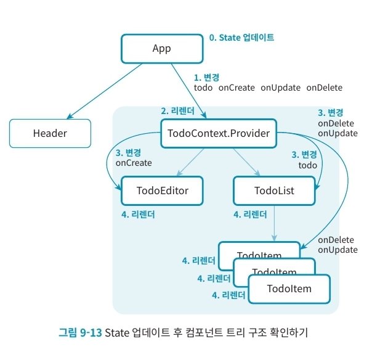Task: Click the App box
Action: click(161, 47)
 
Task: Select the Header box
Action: click(49, 133)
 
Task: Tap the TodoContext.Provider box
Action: click(219, 133)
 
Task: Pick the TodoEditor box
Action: click(163, 190)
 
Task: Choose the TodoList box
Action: click(274, 190)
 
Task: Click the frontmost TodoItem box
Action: click(289, 288)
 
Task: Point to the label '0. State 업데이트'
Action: click(241, 38)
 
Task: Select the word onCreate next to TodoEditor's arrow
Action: click(133, 163)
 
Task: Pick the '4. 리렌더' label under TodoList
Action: click(250, 215)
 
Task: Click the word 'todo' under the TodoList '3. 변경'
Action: click(308, 165)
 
